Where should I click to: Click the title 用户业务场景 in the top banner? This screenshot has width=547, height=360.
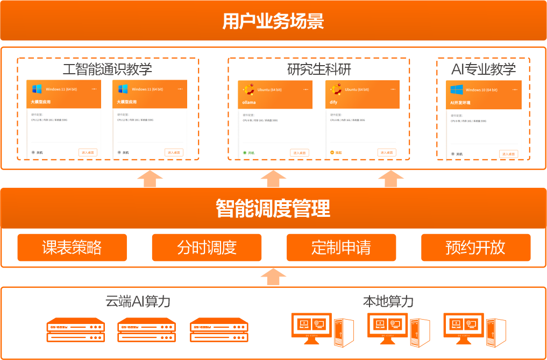coord(273,22)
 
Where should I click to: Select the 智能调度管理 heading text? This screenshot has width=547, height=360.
coord(273,208)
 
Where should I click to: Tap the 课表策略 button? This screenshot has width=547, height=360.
coord(72,248)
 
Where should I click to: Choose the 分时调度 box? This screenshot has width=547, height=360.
coord(207,248)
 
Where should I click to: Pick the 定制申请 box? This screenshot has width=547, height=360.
coord(341,248)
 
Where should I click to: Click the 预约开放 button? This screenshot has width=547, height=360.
coord(475,248)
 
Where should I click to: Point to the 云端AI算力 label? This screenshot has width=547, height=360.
coord(138,301)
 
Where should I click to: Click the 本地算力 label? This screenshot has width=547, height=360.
coord(388,301)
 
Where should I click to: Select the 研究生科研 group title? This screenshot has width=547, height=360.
coord(319,69)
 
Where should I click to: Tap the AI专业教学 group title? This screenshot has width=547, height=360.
coord(483,69)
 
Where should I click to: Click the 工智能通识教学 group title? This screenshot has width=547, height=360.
coord(108,69)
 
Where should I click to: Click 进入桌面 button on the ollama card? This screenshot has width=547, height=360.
coord(300,153)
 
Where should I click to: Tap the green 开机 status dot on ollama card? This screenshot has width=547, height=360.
coord(245,153)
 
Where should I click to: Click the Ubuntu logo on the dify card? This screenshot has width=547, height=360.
coord(336,89)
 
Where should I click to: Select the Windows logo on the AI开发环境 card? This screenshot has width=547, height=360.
coord(457,89)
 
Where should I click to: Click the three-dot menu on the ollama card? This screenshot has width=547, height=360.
coord(306,89)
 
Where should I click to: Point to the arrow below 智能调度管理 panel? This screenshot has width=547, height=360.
coord(273,277)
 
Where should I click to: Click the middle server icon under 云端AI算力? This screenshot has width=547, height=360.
coord(147,330)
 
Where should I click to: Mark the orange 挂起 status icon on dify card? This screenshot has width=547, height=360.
coord(332,153)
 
